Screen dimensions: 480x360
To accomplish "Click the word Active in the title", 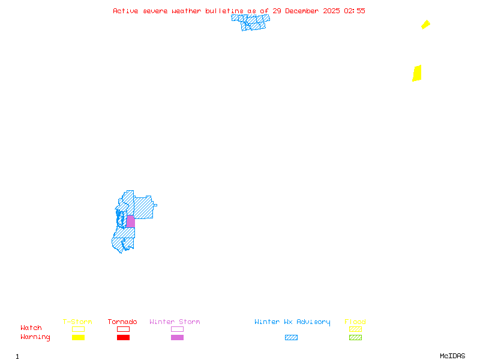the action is [126, 11].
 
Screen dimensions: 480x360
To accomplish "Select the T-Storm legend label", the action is [77, 322].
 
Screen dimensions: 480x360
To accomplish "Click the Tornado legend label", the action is [122, 322].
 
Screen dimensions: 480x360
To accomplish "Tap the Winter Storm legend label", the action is [175, 322].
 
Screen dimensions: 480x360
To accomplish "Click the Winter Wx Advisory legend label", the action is [292, 322].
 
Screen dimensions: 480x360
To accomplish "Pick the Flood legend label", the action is [355, 322].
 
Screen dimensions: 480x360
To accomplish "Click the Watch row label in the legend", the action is [31, 328].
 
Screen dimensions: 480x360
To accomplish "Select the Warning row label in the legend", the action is [35, 337].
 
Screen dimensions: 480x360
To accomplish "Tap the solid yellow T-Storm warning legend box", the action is [78, 338].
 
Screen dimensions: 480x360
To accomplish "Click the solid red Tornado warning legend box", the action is [123, 338].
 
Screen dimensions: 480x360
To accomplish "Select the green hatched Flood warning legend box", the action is [355, 338].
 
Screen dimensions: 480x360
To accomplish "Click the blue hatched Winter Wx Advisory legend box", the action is [291, 338].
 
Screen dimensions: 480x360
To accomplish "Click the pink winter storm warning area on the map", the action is [130, 221].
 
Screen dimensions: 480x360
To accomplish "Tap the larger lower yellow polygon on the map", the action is [417, 73].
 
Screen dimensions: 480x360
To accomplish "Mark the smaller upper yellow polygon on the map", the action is [425, 25].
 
